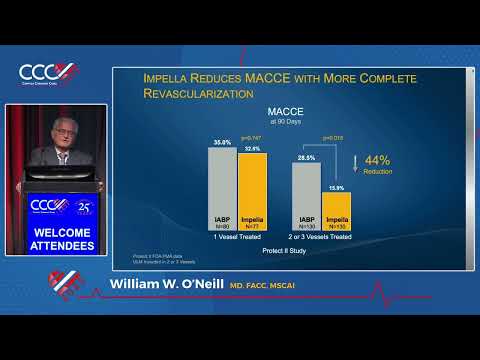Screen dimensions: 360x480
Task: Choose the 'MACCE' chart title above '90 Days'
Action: click(279, 112)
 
